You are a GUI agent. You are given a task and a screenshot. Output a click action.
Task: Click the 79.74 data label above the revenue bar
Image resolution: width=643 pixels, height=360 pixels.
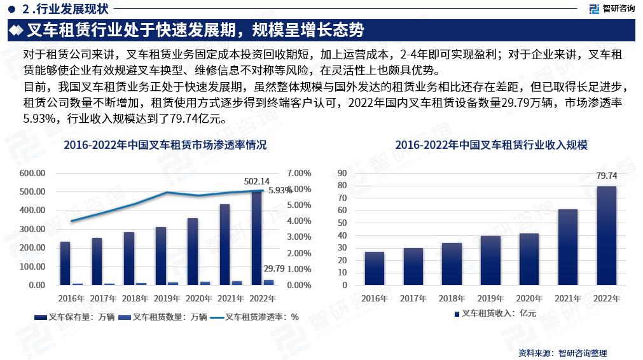[x=607, y=176]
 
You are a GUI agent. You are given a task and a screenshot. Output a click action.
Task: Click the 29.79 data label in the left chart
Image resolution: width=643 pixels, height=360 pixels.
[x=273, y=270]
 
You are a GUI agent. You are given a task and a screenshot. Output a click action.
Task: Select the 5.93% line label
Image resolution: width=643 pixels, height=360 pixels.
[x=280, y=190]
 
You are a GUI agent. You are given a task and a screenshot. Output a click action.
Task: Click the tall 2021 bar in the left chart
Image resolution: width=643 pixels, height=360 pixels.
[x=225, y=244]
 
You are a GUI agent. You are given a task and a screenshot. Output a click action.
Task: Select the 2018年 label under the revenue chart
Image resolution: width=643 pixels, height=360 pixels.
[x=452, y=298]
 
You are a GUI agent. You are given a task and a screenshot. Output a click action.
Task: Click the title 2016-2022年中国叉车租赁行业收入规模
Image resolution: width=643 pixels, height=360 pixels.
[x=490, y=145]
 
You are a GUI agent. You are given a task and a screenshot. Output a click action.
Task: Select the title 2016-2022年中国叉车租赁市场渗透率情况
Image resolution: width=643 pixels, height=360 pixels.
[x=165, y=145]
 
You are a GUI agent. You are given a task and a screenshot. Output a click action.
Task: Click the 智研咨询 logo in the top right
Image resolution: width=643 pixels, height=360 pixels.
[x=611, y=8]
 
